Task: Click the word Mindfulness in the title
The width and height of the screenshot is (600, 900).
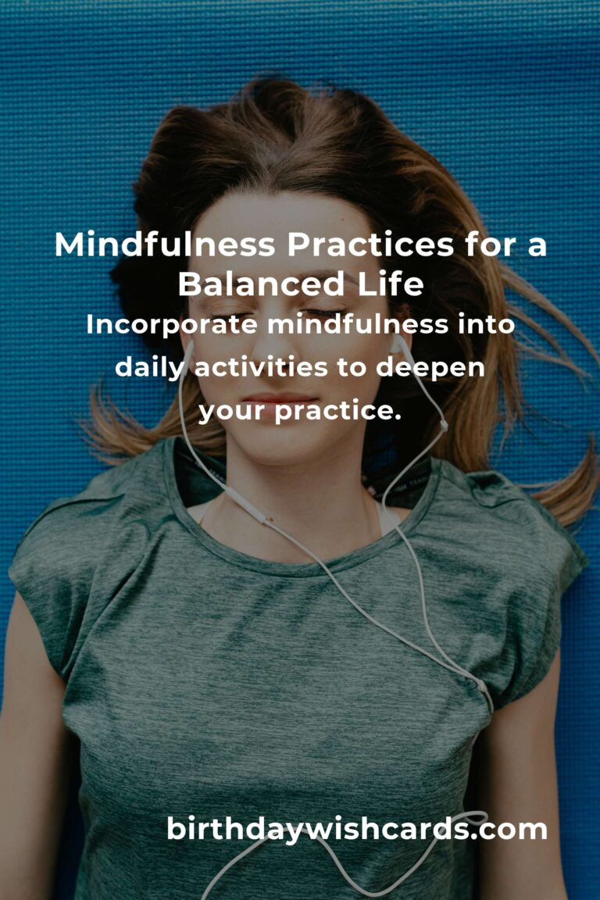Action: click(165, 246)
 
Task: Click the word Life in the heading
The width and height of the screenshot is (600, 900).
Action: click(395, 284)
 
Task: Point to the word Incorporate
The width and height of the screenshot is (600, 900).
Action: click(173, 325)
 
